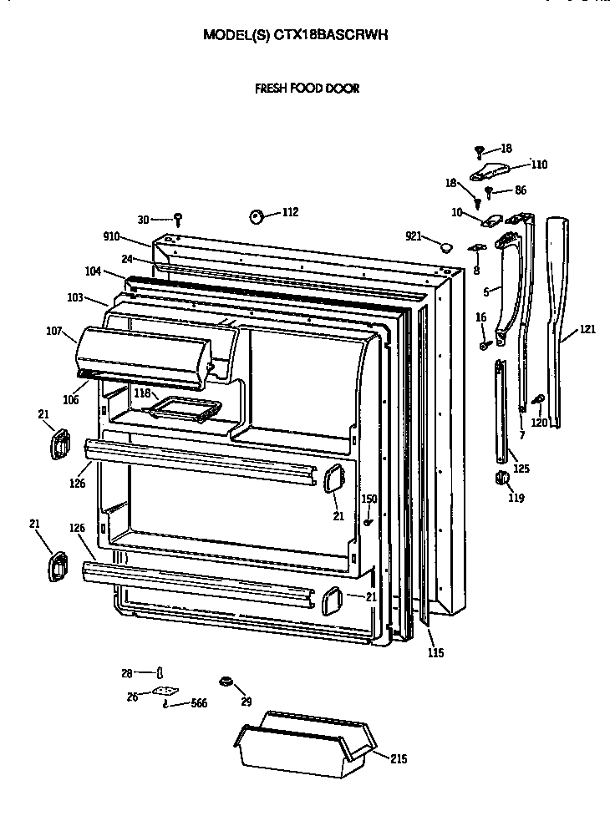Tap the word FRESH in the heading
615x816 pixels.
click(x=272, y=88)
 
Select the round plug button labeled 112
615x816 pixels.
click(x=257, y=216)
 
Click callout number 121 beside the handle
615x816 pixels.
click(x=587, y=329)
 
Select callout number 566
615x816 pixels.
click(x=199, y=703)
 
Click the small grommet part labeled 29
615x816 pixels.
click(x=224, y=682)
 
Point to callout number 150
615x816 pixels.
click(x=368, y=499)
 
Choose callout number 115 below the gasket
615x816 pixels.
click(x=435, y=652)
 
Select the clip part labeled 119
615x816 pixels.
click(x=503, y=477)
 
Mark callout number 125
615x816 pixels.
click(x=521, y=469)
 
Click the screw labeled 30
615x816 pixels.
click(x=178, y=219)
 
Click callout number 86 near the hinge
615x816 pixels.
click(x=521, y=190)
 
